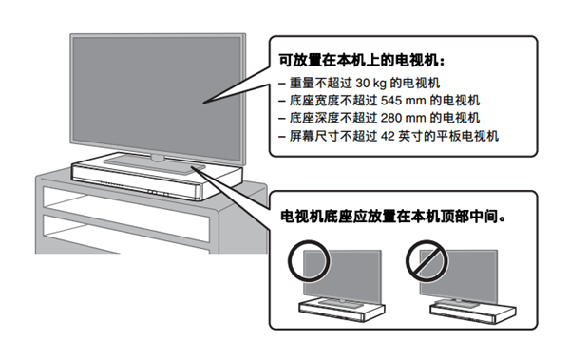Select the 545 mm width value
tap(403, 101)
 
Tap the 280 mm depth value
tap(403, 118)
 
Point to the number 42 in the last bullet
tap(388, 136)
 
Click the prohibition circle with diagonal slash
tap(427, 261)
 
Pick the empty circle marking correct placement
tap(309, 261)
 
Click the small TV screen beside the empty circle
tap(342, 276)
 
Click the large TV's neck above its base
tap(158, 158)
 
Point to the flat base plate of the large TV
tap(155, 162)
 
